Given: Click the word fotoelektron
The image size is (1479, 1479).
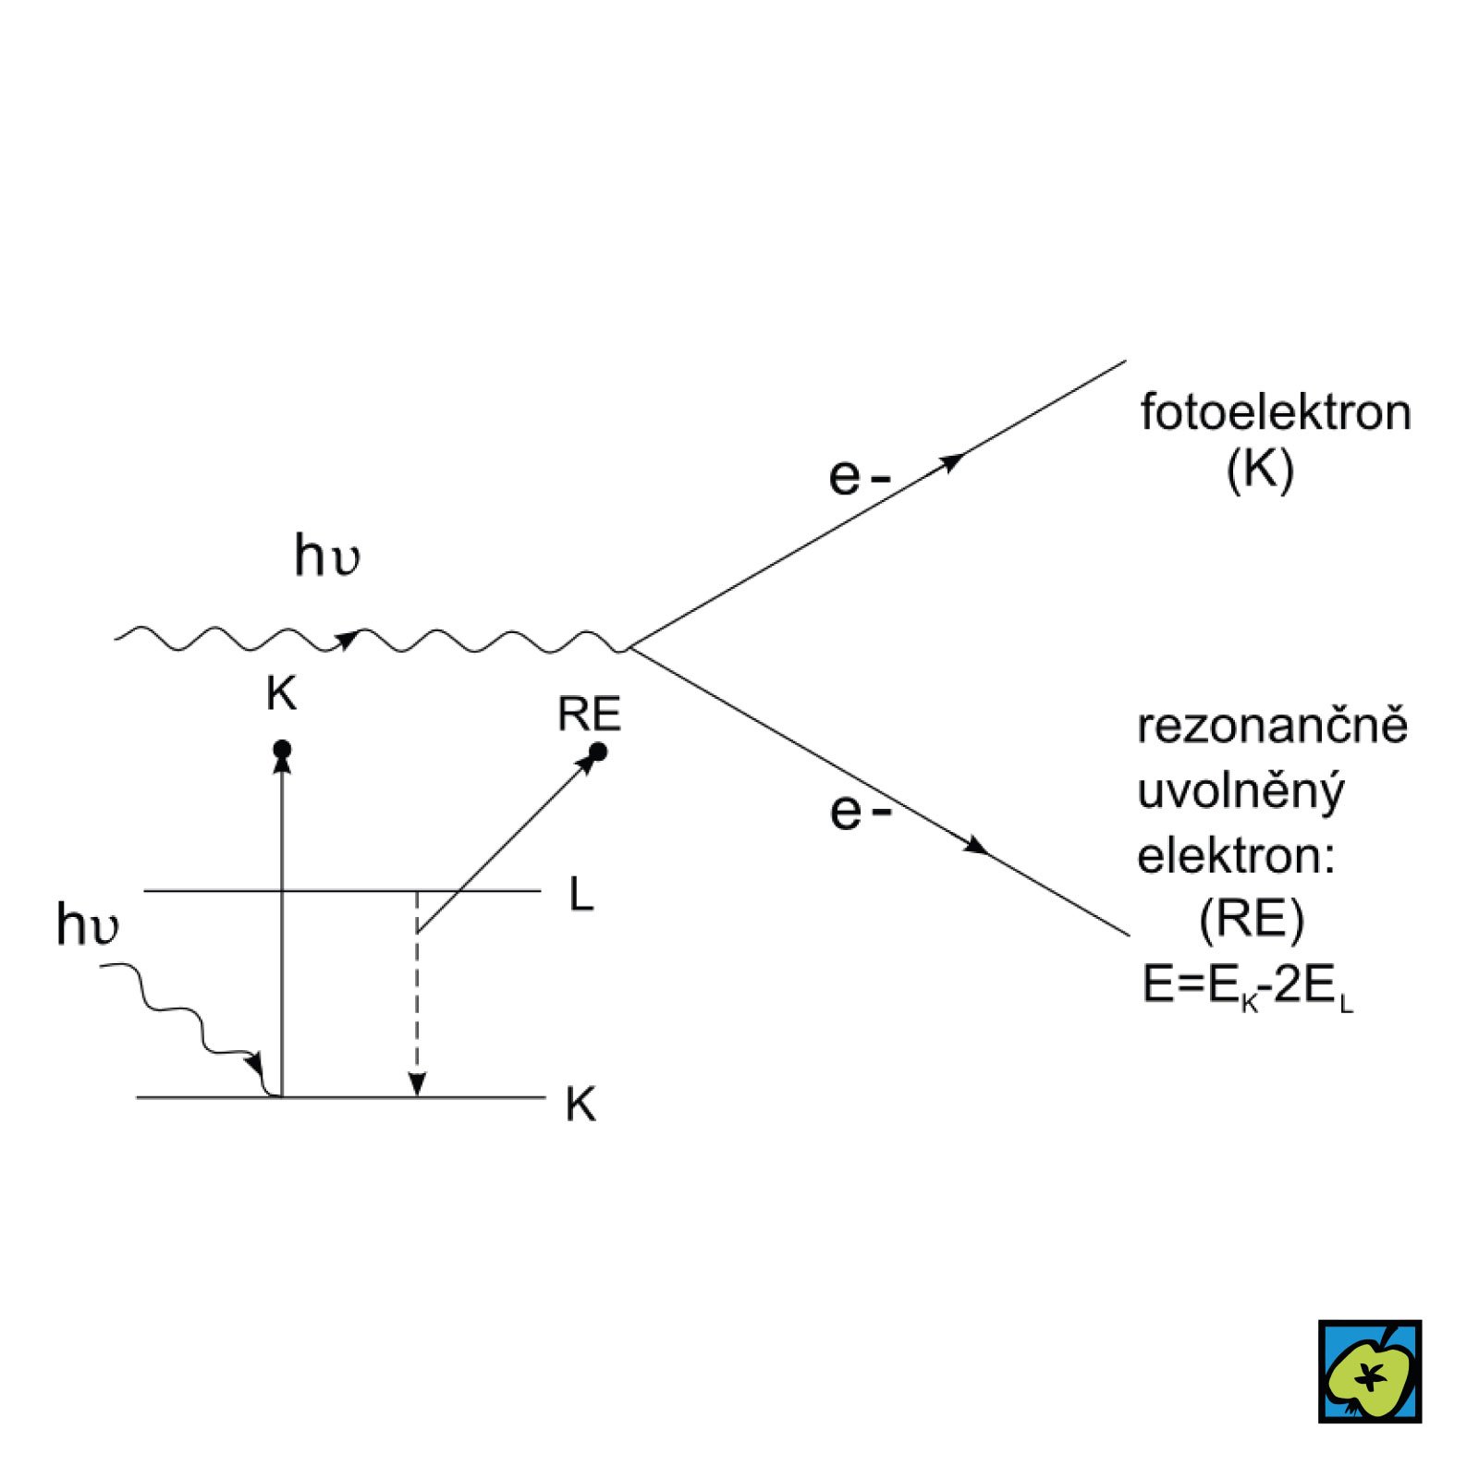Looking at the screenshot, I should point(1275,413).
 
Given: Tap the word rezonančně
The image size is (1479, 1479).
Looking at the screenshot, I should point(1272,726).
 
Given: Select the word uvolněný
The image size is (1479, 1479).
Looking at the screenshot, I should point(1241,792).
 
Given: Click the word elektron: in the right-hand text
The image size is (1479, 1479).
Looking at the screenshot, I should point(1236,856).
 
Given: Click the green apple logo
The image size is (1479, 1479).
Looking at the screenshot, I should point(1369,1371).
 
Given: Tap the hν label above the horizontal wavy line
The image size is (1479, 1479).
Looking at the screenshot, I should point(326,556).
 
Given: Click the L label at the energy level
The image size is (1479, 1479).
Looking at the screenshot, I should point(581,895).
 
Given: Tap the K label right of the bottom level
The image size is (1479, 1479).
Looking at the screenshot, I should point(581,1104).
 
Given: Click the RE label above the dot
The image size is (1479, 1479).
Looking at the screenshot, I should point(589,715).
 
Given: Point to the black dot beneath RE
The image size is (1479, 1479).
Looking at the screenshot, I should point(598,752).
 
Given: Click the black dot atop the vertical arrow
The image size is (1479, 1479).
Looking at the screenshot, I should point(283,749).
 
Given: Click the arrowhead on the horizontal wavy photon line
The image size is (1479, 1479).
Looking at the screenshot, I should point(348,639).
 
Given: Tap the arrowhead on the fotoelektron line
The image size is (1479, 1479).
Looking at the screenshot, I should point(952,461).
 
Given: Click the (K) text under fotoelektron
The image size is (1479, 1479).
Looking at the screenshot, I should point(1259,471).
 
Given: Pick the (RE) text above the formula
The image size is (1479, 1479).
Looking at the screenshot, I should point(1251,920).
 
